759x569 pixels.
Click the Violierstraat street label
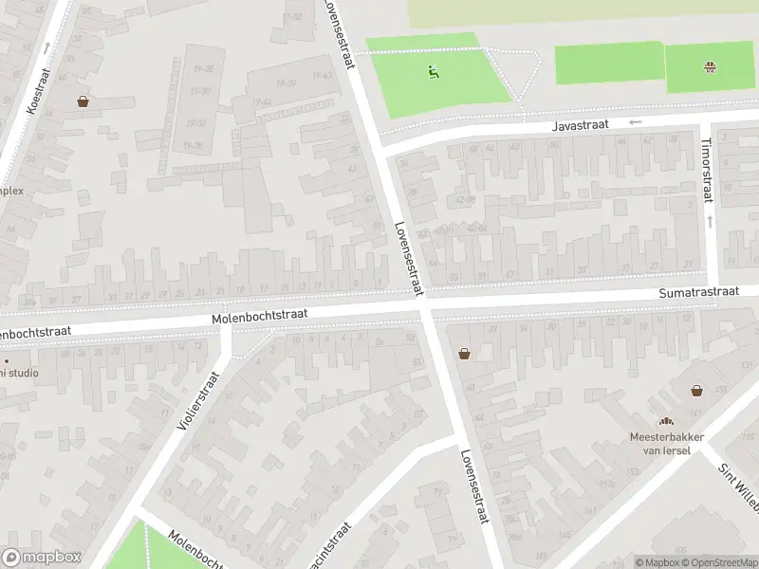click(x=197, y=401)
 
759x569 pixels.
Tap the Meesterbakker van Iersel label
click(x=666, y=443)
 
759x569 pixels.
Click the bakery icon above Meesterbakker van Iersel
click(x=666, y=421)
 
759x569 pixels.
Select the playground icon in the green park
click(x=434, y=69)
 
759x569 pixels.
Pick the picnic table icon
click(x=709, y=66)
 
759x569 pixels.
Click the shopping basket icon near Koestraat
click(x=83, y=101)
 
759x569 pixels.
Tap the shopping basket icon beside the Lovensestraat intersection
click(x=465, y=354)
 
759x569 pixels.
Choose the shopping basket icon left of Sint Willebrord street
click(x=696, y=390)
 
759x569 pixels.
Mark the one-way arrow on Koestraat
click(x=46, y=46)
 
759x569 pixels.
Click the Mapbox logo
click(x=42, y=558)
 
